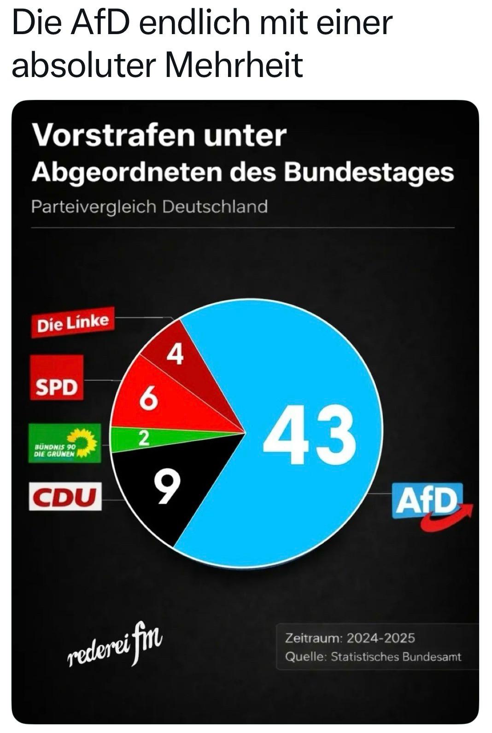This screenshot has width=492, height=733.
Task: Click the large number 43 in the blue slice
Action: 310,435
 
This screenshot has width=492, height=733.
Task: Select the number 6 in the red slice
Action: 148,397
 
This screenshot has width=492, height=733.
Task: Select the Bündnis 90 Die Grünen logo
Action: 64,443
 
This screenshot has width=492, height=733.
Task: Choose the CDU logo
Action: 65,496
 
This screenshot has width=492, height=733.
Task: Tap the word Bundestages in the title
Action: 369,172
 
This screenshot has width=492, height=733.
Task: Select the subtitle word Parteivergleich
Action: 94,207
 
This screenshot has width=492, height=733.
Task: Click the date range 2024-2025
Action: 381,638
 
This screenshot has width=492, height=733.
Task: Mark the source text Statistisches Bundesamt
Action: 396,656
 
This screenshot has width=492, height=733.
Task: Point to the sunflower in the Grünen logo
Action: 84,442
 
